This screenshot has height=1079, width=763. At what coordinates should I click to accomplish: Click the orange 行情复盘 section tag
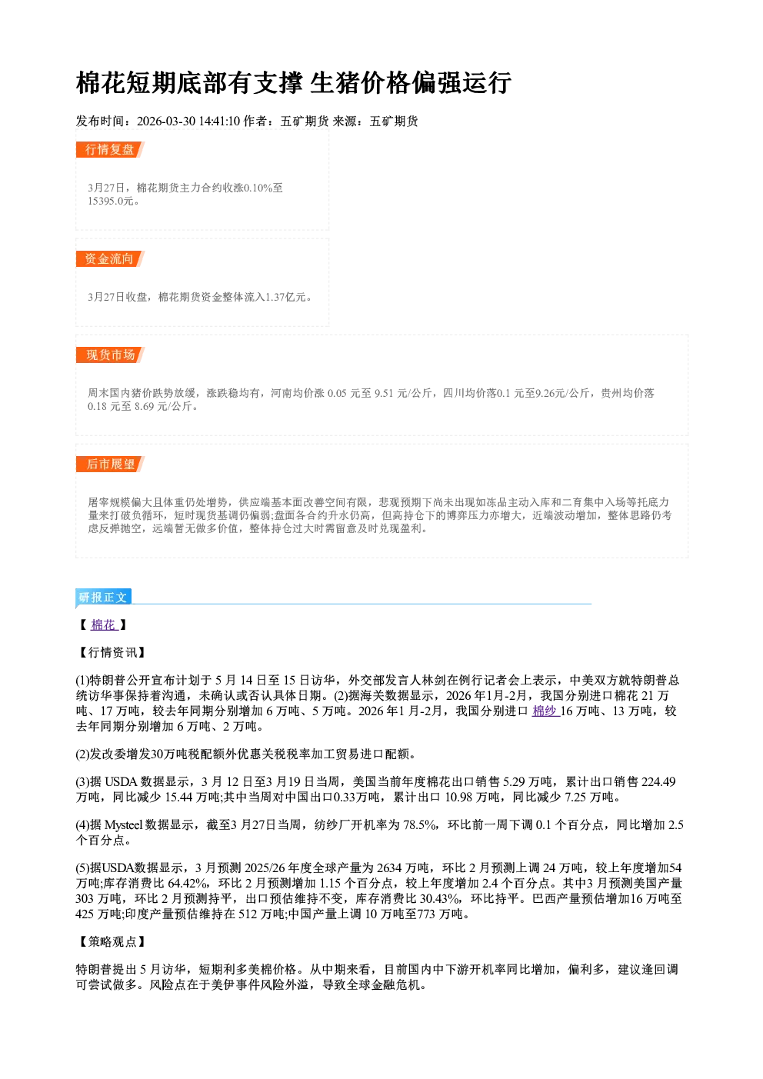pos(110,149)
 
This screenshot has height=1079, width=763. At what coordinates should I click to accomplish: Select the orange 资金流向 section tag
pos(110,258)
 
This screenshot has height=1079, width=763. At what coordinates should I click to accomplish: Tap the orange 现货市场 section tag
pos(110,355)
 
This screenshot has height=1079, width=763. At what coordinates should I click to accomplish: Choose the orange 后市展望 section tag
pos(110,465)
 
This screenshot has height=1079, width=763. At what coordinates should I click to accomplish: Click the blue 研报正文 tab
pos(103,598)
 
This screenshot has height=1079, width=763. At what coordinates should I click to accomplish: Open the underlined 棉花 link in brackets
pos(104,625)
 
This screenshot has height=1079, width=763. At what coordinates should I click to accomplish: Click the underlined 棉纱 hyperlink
pos(545,711)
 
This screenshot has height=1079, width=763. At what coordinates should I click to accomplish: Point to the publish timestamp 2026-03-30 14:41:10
pos(188,122)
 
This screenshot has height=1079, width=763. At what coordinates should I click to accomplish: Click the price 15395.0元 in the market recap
pos(110,201)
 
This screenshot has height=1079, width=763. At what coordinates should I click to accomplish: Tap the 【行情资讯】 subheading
pos(112,653)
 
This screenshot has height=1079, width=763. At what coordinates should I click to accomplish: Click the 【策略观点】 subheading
pos(112,941)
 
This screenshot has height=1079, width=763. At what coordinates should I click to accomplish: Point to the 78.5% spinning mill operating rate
pos(420,825)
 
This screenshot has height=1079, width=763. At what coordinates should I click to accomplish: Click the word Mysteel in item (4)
pos(123,825)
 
